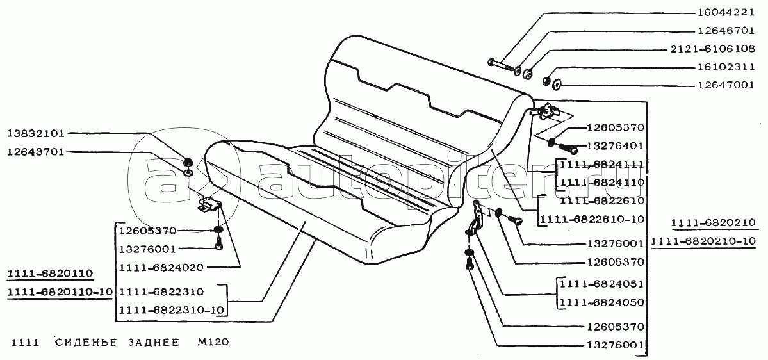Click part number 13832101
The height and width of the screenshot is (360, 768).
(36, 134)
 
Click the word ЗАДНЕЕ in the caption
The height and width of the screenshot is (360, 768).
(154, 343)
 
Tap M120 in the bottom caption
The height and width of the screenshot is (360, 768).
(212, 343)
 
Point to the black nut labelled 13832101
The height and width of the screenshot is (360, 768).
(188, 161)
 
